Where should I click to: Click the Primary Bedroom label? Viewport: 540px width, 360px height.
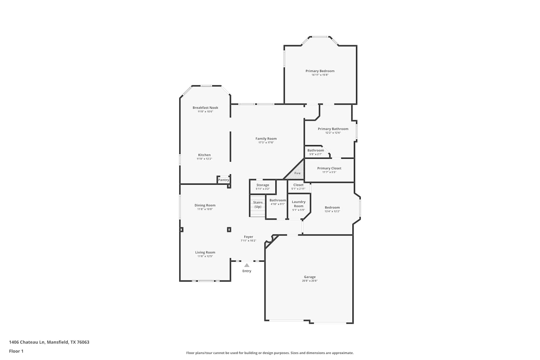pos(320,71)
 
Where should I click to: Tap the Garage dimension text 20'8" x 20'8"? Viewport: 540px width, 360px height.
pos(310,281)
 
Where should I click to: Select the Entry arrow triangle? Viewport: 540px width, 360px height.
pos(247,265)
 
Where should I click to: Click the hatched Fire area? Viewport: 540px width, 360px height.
pos(295,170)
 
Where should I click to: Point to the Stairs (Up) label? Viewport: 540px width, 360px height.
pos(258,204)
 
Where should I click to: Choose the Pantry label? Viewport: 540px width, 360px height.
pos(224,180)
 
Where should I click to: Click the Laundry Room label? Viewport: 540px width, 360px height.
pos(299,204)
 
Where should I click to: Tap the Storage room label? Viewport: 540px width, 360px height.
pos(263,185)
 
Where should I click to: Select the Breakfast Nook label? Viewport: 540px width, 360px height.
pos(206,108)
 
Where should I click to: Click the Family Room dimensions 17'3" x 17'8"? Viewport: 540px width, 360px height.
pos(266,143)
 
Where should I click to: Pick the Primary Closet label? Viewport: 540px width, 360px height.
pos(329,168)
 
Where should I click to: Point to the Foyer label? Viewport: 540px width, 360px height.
pos(248,237)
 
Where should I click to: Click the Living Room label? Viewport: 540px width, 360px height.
pos(205,252)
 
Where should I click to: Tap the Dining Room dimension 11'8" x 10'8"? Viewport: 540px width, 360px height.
pos(205,209)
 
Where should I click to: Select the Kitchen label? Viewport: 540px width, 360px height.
pos(204,155)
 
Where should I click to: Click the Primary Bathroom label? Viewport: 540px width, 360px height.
pos(333,129)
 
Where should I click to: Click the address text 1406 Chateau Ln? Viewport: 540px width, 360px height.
pos(27,342)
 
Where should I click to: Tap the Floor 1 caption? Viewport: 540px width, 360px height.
pos(16,351)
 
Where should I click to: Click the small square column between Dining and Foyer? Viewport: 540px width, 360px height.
pos(229,229)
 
